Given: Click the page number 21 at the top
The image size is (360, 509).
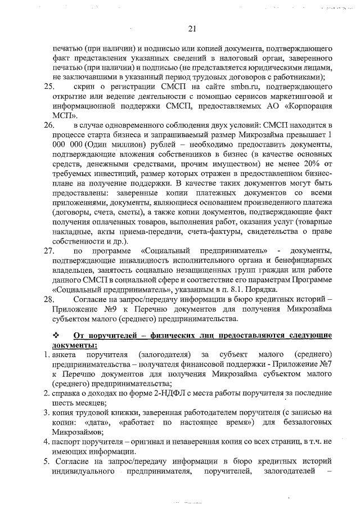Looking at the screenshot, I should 191,29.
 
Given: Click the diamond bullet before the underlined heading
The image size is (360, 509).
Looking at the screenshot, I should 55,335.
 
